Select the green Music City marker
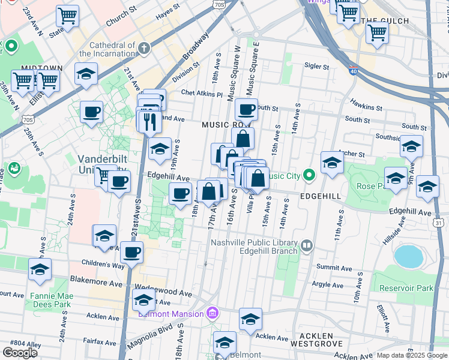click(x=309, y=176)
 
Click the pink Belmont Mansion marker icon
click(x=211, y=313)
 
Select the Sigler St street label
click(x=318, y=67)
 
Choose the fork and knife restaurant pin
click(x=149, y=121)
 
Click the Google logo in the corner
click(x=20, y=353)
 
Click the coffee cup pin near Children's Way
click(x=131, y=252)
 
